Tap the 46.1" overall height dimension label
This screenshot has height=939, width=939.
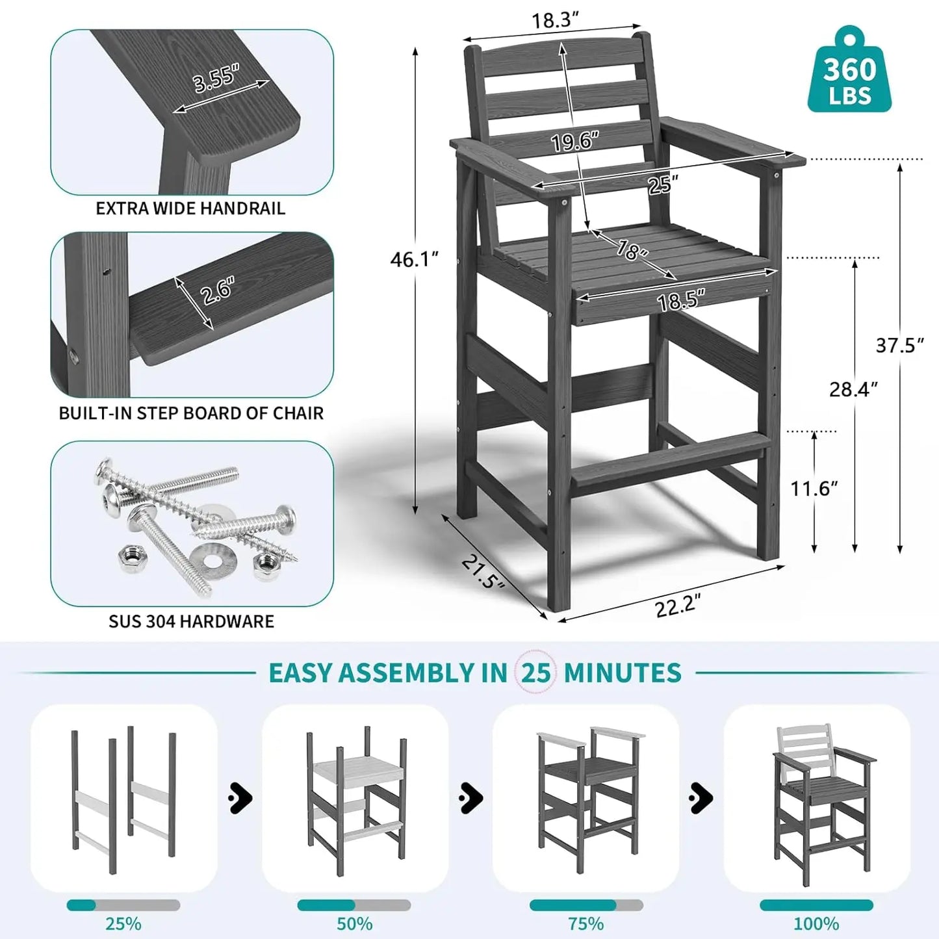pos(414,259)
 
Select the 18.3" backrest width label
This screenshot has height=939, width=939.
pos(555,20)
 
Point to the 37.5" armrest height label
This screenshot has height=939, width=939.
pos(899,345)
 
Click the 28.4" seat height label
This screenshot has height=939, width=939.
pos(853,389)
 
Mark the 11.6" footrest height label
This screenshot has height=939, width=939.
pos(814,488)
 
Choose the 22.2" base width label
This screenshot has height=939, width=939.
pos(676,606)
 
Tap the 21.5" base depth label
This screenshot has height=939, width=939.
pos(483,571)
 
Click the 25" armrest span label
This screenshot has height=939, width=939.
pos(662,185)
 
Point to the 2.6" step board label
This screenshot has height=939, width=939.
pos(217,290)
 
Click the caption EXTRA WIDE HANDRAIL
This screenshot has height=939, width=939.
pos(190,209)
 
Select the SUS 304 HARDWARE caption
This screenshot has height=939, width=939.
pos(191,621)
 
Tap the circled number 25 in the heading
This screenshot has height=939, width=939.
pos(535,673)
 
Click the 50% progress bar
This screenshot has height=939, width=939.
pos(354,905)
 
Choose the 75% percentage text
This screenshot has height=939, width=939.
pos(585,923)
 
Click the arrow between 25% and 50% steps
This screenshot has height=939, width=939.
pos(240,798)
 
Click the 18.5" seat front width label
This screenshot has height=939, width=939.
pos(680,301)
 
